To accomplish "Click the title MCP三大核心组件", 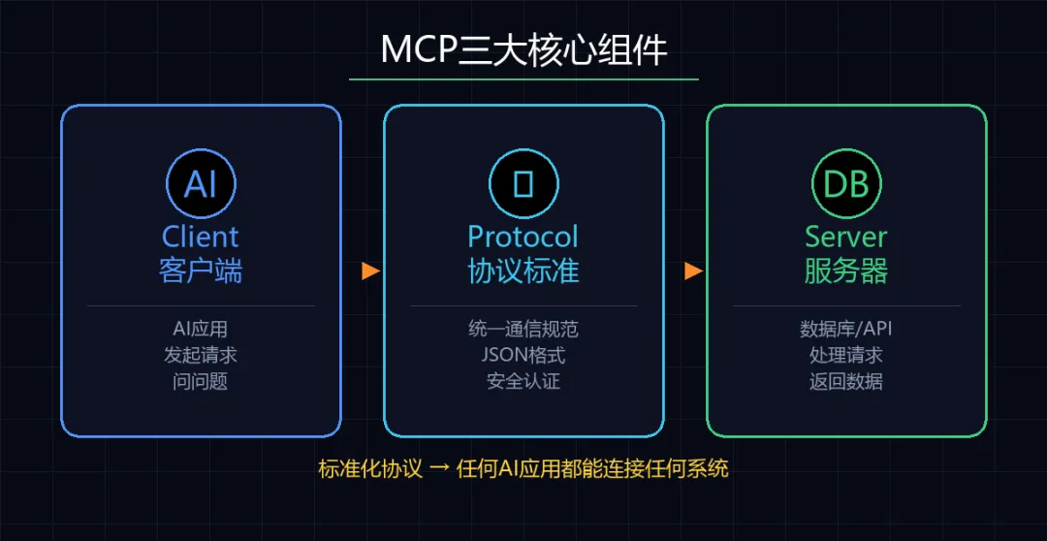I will coord(523,49).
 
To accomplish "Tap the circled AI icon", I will coord(201,183).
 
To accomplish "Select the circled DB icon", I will coord(846,183).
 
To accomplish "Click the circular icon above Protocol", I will coord(523,183).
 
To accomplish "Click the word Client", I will coord(201,237).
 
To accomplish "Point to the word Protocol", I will coord(523,237).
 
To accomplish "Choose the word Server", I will coord(846,237).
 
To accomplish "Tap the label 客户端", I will coord(201,270).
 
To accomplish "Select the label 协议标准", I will coord(523,270).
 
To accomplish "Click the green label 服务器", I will coord(846,270).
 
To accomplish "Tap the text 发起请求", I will coord(201,355).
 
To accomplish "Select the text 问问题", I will coord(201,381).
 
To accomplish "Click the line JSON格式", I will coord(523,355).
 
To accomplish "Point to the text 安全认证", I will coord(523,381).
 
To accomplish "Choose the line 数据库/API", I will coord(846,329).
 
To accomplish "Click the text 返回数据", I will coord(846,381).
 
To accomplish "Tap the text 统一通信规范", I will coord(523,329).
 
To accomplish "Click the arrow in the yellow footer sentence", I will coord(439,469).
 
